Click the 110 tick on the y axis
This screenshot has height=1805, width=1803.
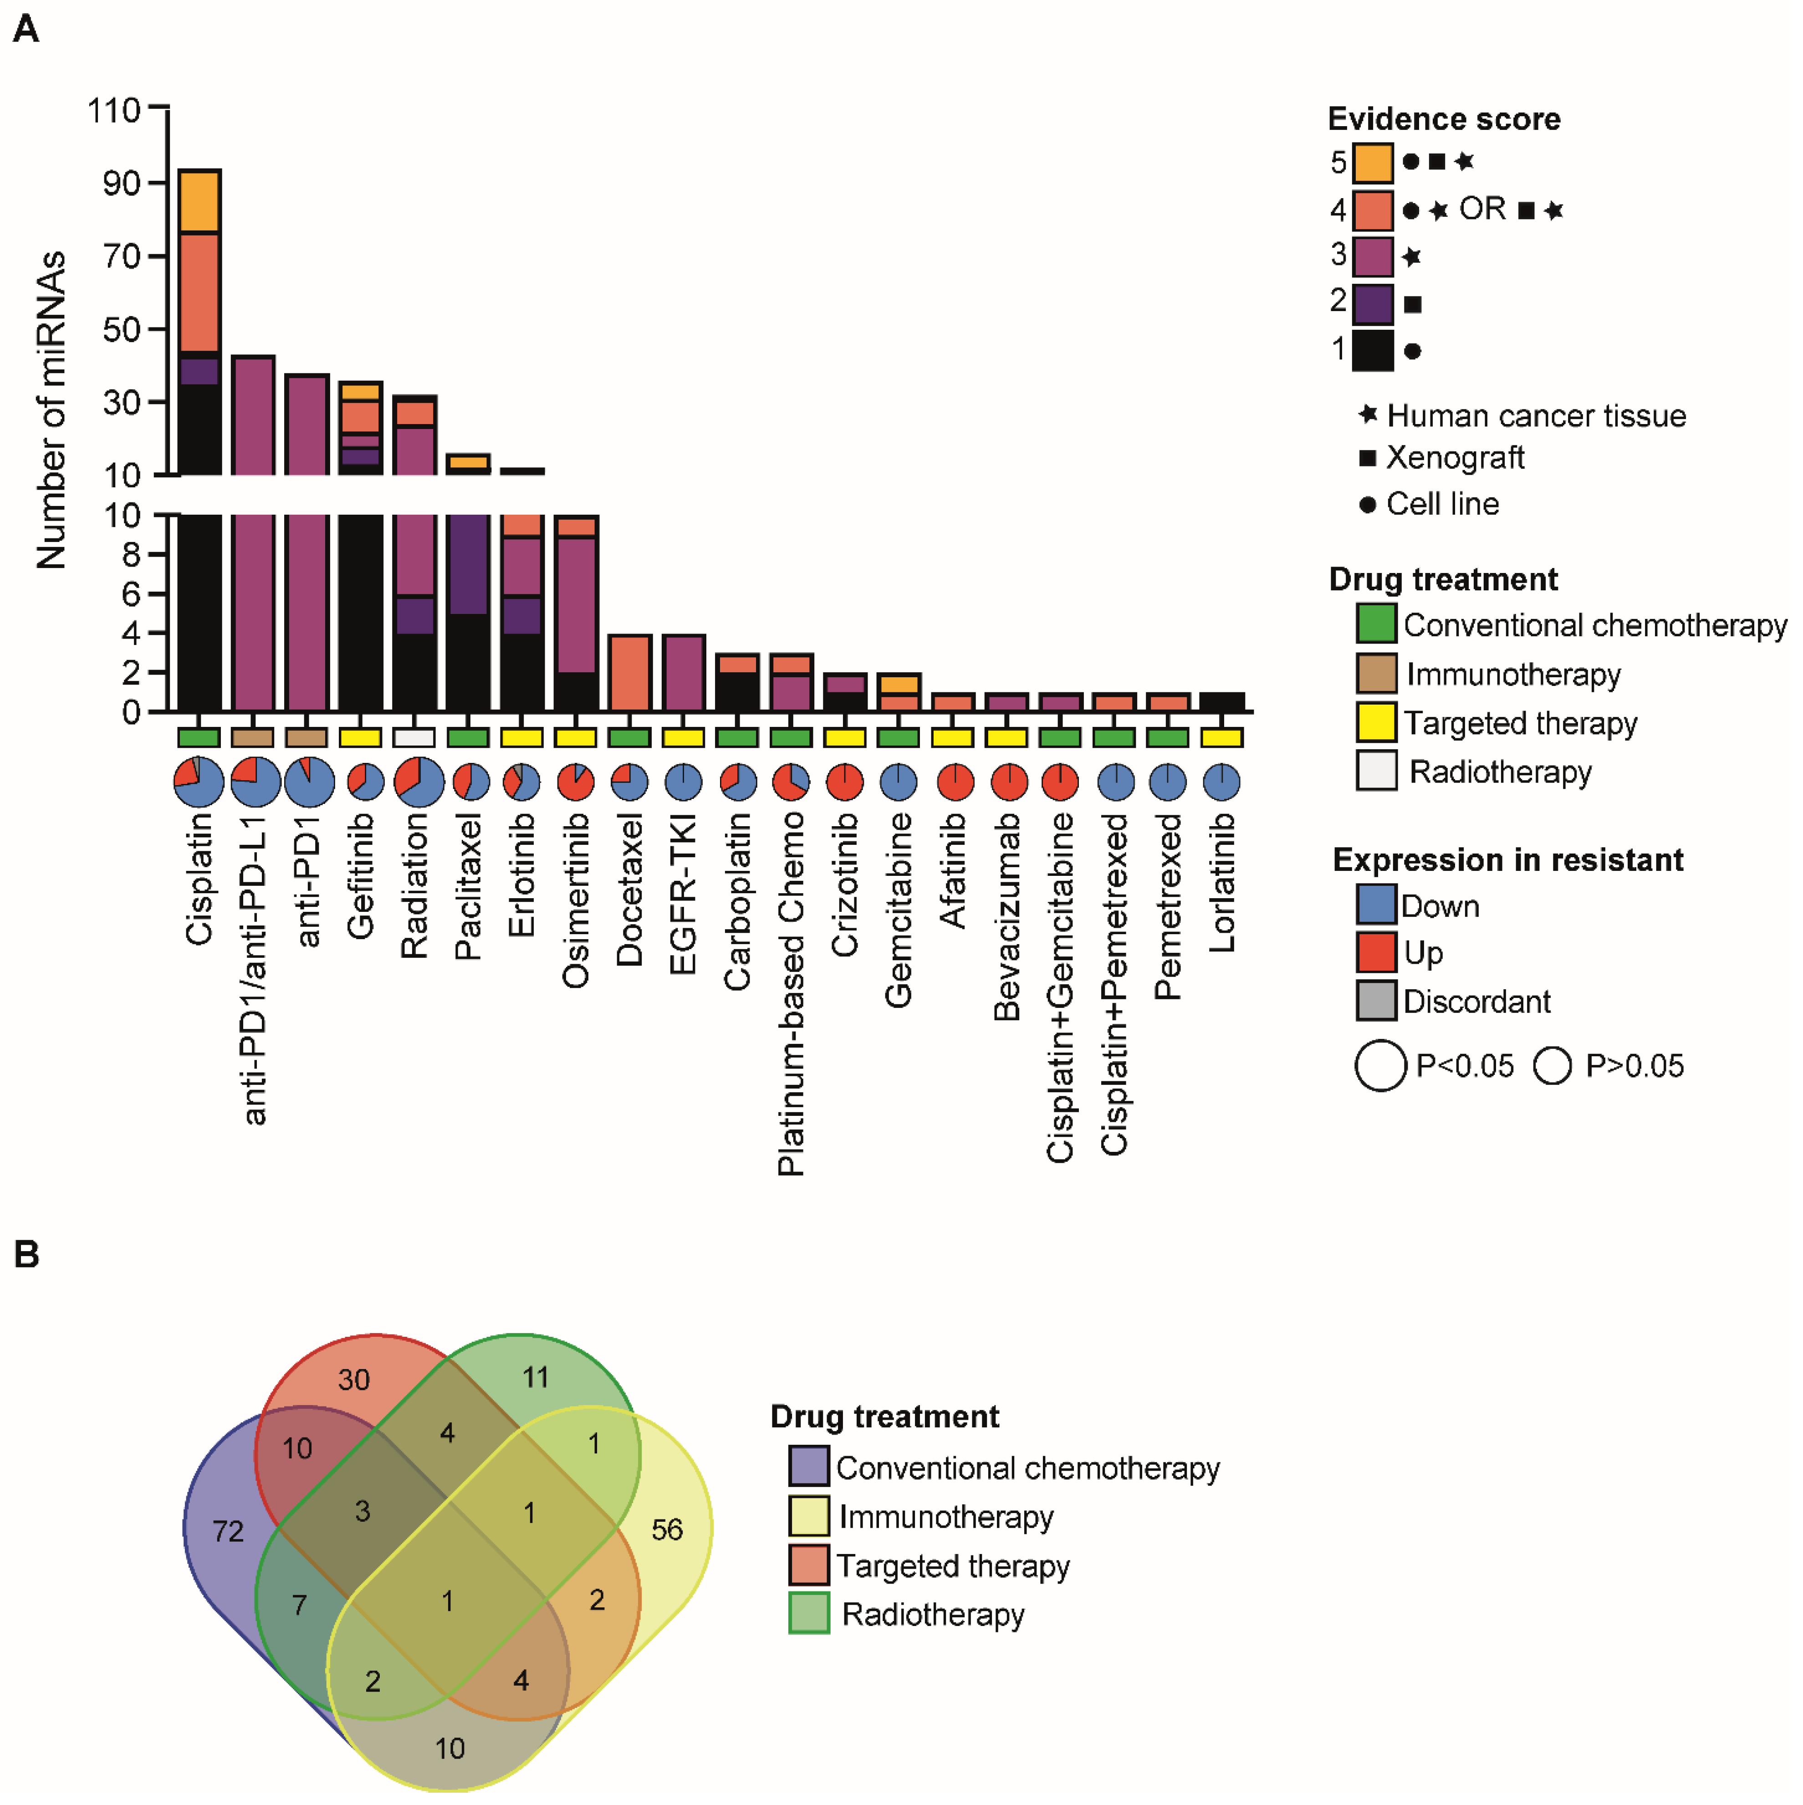(114, 110)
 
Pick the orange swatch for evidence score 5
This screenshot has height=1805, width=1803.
(1372, 163)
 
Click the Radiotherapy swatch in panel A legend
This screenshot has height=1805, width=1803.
(1376, 771)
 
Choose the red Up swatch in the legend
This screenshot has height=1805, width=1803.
(1376, 952)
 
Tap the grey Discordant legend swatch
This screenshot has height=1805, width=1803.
(1376, 1001)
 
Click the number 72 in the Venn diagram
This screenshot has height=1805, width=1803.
(228, 1531)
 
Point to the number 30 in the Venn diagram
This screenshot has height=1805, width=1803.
(354, 1380)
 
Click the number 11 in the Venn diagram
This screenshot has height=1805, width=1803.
(535, 1377)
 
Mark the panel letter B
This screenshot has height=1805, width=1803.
(26, 1255)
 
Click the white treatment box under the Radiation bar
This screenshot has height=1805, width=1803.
(414, 737)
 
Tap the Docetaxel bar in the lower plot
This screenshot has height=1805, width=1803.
(630, 673)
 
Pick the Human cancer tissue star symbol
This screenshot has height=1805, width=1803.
(1368, 414)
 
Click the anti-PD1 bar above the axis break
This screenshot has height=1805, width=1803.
(306, 425)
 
